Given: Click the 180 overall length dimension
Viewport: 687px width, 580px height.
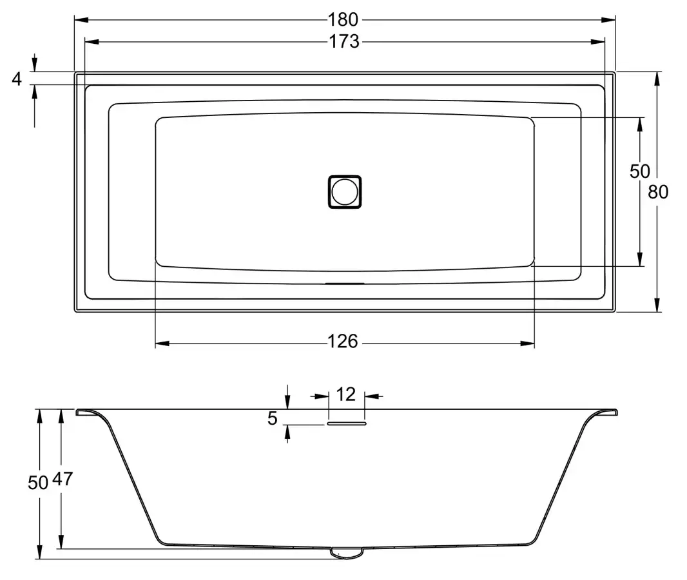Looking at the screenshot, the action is click(343, 20).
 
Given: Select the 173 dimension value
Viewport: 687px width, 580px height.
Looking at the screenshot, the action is click(344, 42).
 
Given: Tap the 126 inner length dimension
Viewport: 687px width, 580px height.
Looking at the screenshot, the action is click(343, 342).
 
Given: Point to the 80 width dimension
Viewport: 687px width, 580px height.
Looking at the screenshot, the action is click(657, 192).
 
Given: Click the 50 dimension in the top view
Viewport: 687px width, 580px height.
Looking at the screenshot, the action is click(640, 171).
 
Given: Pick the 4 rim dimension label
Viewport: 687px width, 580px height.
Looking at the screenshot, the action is click(17, 79).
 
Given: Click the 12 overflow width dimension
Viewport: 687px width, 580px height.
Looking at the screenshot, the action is click(345, 394).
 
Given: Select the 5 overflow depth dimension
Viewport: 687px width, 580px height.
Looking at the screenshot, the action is click(273, 419).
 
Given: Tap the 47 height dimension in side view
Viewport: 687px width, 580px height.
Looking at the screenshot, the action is click(63, 479).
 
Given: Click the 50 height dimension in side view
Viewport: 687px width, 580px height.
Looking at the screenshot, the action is click(37, 483).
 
